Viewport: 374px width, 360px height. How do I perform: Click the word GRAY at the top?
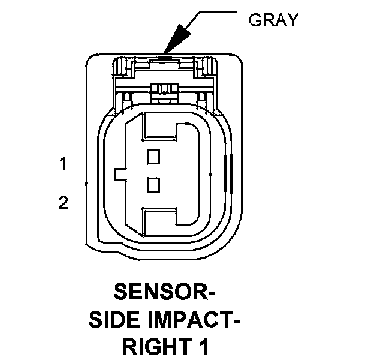[x=273, y=20]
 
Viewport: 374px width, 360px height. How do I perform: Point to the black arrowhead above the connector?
[x=174, y=42]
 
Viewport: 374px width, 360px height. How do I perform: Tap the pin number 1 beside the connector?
[x=62, y=163]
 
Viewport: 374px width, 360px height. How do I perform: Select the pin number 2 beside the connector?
[x=63, y=203]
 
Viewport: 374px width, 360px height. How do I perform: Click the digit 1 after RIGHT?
[x=204, y=347]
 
